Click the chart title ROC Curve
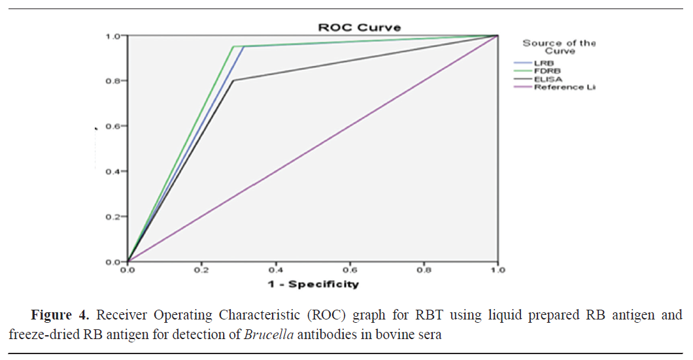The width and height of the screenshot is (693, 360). [359, 27]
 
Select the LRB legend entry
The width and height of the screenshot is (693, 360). [544, 63]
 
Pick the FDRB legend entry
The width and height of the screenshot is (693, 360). [547, 71]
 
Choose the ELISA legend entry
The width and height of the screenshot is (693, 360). [548, 78]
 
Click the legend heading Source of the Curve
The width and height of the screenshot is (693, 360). [558, 47]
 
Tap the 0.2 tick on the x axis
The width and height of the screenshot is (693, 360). [201, 269]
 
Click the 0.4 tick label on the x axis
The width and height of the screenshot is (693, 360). [275, 269]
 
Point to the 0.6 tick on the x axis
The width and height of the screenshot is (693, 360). [350, 269]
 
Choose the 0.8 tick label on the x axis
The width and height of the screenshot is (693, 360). [424, 269]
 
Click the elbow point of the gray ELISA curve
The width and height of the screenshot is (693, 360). [233, 80]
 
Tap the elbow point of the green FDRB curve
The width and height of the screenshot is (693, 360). [233, 46]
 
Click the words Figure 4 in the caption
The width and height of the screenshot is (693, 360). [59, 316]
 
